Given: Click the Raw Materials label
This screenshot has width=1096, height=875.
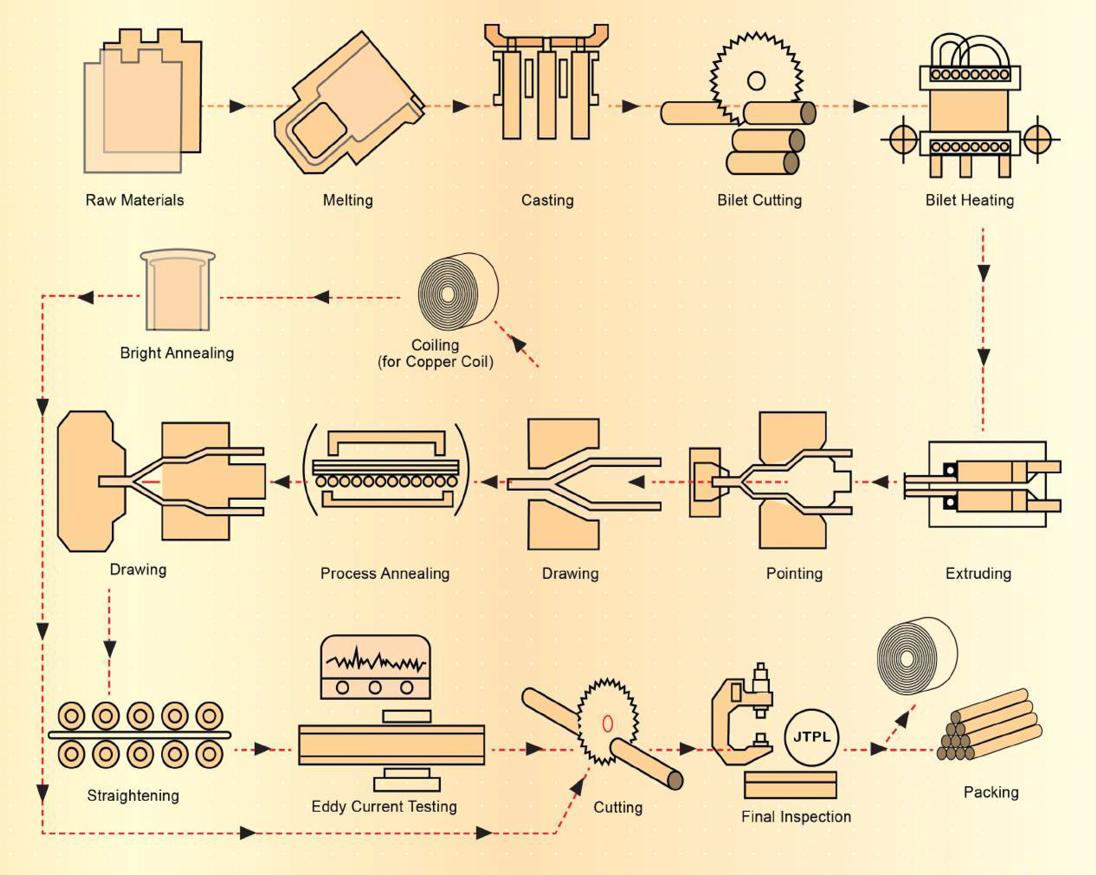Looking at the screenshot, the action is tap(135, 200).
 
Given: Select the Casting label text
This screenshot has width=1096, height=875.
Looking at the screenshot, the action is tap(548, 200).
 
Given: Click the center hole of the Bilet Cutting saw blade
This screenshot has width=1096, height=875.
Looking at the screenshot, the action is tap(756, 80).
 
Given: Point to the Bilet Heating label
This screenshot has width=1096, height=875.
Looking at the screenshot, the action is tap(969, 200).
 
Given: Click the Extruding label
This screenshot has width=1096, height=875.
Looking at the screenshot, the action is tap(978, 573).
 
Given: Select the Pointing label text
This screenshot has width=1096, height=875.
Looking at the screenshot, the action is tap(794, 573).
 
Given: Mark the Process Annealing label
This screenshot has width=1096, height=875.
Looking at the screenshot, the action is tap(385, 573).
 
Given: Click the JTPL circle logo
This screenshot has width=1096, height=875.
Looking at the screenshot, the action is tap(811, 737).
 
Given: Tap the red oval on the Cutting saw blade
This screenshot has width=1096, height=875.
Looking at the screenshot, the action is tap(607, 723).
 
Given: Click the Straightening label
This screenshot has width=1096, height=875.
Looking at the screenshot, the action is tap(133, 795).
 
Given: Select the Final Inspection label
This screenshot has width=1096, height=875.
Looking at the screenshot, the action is tap(796, 817).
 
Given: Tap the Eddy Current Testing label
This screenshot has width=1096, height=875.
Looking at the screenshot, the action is tap(384, 806).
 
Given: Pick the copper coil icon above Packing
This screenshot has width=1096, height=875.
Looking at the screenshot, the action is tap(917, 656).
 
